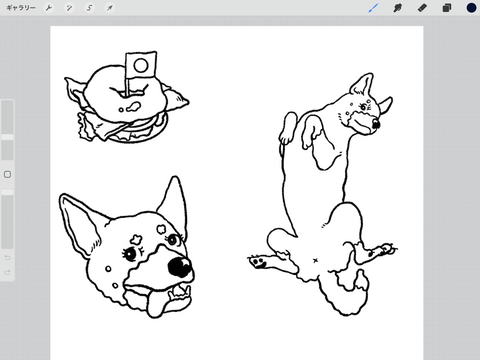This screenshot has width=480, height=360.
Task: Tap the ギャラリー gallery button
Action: [x=21, y=8]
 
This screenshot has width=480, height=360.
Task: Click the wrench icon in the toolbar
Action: [x=49, y=8]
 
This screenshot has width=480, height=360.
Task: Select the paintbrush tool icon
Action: [x=373, y=8]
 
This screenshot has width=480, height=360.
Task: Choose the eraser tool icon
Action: [x=422, y=8]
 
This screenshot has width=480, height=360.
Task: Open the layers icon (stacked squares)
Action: [x=447, y=8]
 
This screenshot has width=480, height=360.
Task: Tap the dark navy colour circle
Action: [x=471, y=8]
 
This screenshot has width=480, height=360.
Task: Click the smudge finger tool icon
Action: [x=397, y=8]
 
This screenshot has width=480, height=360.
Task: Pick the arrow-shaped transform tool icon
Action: [x=110, y=8]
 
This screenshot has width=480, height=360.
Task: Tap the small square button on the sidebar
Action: [x=7, y=174]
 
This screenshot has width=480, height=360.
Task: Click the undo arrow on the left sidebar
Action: [x=7, y=258]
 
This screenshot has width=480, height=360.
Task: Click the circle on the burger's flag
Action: [x=141, y=65]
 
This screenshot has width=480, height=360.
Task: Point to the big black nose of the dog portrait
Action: [x=180, y=267]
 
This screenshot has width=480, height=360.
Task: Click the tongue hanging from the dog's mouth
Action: [x=154, y=303]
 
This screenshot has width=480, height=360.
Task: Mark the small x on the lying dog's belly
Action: [x=315, y=260]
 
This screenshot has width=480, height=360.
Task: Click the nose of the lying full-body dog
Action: [x=376, y=124]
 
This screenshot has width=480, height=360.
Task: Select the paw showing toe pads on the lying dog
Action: [x=259, y=261]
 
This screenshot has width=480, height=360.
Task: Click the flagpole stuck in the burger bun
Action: [x=127, y=87]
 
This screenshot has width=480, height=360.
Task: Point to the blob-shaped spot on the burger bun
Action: [x=133, y=107]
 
